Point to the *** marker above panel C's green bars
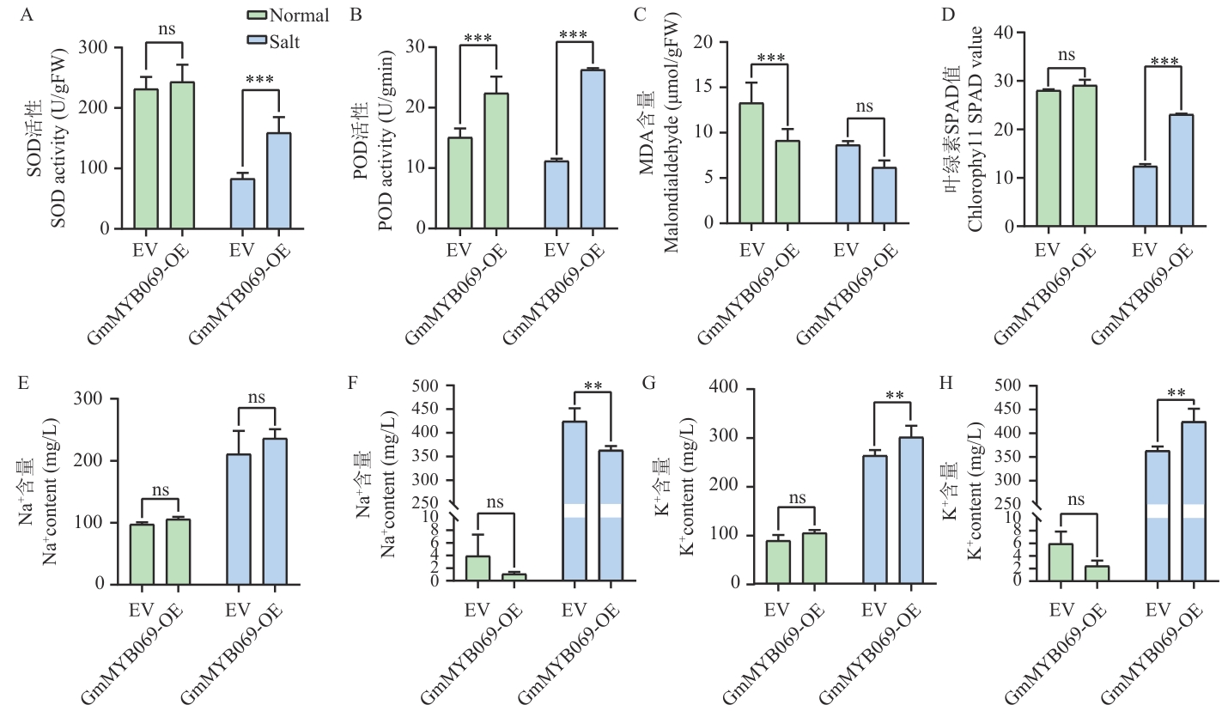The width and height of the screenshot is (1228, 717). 770,58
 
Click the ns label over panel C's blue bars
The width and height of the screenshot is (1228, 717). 865,107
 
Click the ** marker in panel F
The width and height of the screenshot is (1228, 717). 592,385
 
